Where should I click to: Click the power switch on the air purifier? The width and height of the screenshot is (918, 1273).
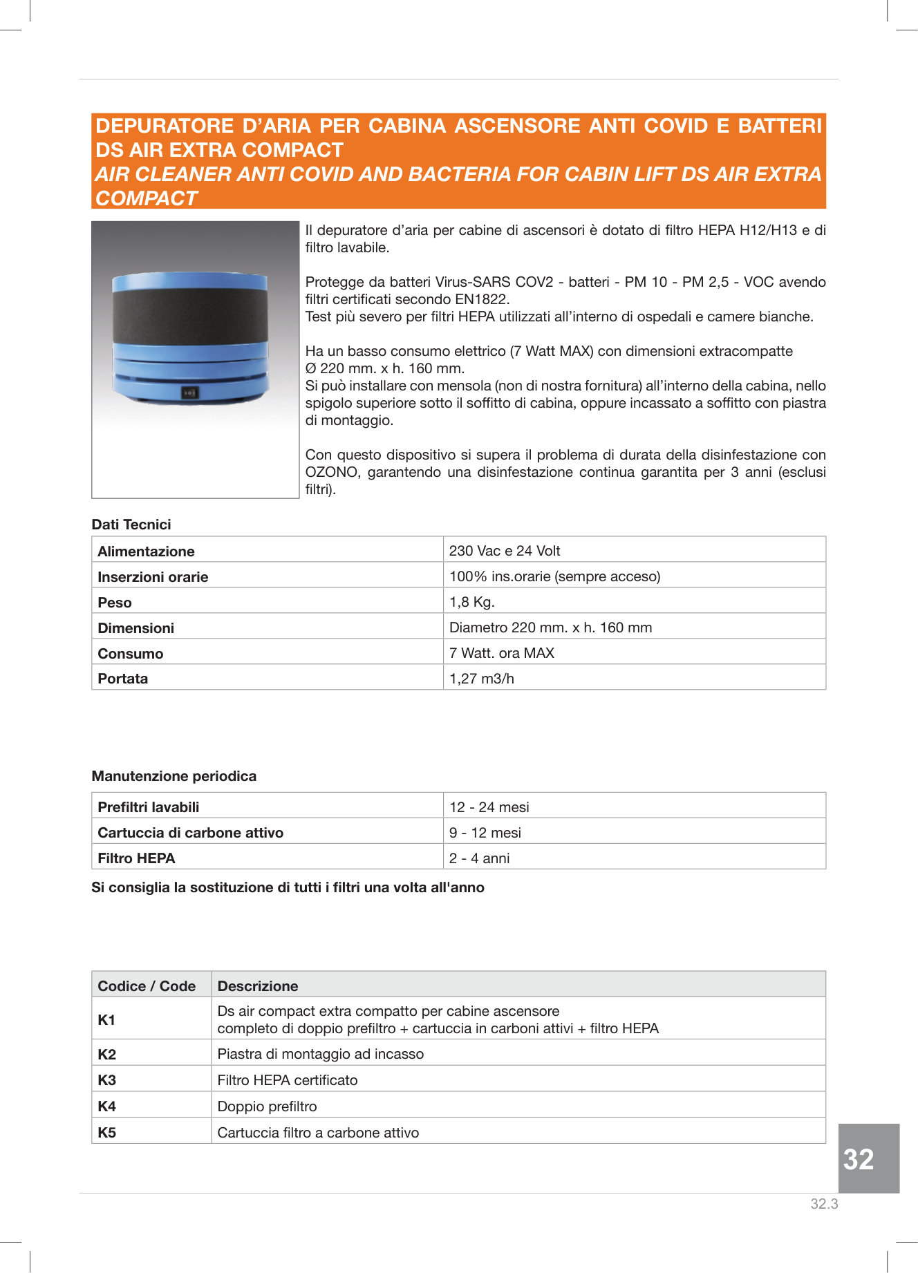190,393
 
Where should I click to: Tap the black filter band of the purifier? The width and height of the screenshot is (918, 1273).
190,317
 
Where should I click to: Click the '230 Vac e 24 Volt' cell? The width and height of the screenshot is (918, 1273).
505,551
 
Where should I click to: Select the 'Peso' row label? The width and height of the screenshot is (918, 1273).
115,602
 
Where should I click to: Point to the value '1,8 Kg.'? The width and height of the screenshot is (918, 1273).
472,602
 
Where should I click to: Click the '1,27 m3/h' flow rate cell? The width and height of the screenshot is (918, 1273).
482,679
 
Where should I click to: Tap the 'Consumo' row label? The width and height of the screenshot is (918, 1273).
131,653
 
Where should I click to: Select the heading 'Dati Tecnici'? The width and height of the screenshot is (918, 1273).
131,525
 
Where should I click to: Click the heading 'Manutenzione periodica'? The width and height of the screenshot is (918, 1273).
174,776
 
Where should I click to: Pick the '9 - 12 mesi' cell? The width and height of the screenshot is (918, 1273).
485,833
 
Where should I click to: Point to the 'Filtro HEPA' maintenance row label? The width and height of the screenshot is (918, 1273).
136,858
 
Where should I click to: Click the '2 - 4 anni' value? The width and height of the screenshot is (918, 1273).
479,858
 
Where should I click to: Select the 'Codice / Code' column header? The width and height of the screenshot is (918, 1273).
147,986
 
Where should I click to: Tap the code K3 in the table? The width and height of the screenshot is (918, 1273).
107,1080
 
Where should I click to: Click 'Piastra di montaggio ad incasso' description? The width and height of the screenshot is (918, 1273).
321,1054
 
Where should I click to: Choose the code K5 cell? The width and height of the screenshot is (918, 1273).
107,1133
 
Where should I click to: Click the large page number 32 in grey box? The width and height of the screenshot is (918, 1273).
859,1160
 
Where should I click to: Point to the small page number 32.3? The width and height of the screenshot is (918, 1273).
824,1204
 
